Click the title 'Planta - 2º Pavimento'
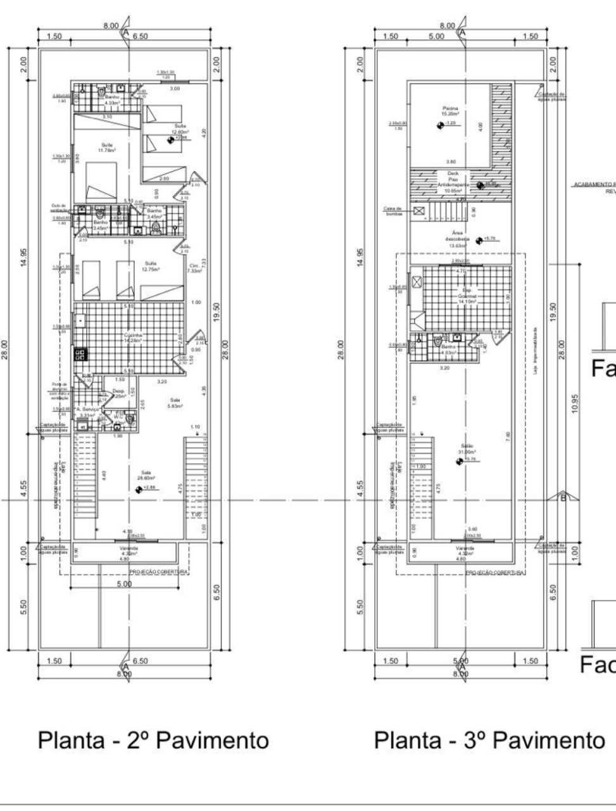[153, 740]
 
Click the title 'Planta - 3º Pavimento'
[489, 740]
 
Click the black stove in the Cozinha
[80, 355]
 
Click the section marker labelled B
[562, 497]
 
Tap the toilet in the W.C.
[130, 418]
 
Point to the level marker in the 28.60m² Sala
[139, 489]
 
